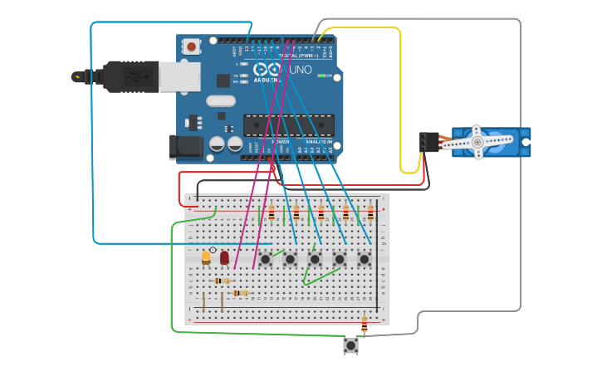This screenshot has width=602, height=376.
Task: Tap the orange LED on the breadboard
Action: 206,257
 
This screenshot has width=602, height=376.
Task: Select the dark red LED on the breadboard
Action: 224,257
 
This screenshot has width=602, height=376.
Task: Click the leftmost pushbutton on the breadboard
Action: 265,259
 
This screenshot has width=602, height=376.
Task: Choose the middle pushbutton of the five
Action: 315,259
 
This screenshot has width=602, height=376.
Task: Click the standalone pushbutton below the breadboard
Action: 350,344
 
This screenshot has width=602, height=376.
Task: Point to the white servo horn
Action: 477,142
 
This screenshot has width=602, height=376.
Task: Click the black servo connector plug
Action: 428,143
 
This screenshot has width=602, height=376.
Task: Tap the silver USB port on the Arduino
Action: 179,76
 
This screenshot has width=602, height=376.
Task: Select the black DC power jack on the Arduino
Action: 185,147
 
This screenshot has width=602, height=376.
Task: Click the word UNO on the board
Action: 301,71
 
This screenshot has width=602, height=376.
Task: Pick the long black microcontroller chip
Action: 288,125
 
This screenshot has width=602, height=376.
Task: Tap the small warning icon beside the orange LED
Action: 213,250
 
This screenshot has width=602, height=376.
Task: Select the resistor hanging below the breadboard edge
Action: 364,323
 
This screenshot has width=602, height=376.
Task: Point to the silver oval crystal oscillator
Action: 222,100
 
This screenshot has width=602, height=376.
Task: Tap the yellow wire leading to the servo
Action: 400,100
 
